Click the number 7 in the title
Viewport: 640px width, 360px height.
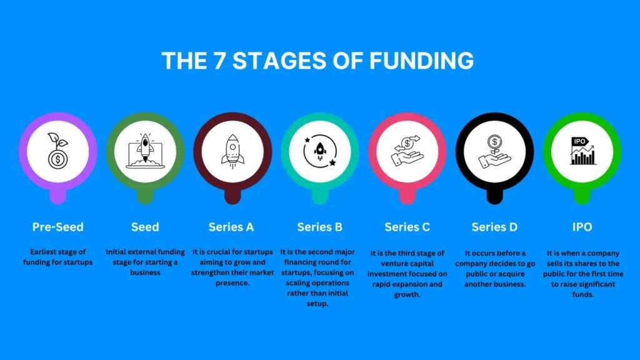[219, 61]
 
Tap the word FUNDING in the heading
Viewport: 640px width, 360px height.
[421, 61]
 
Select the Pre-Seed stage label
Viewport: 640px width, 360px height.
[58, 227]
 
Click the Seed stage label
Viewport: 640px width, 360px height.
[145, 227]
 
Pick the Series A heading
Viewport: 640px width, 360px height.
[231, 227]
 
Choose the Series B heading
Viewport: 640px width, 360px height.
[320, 227]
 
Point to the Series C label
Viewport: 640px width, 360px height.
[407, 227]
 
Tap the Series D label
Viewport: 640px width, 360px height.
[495, 227]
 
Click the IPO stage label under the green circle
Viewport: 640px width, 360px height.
[582, 227]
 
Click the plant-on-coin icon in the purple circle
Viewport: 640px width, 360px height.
[58, 151]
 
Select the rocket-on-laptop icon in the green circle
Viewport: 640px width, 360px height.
[145, 151]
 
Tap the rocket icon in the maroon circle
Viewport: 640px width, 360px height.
[232, 151]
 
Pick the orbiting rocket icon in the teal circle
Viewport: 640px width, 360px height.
[320, 151]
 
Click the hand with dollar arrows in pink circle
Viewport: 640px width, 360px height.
[407, 151]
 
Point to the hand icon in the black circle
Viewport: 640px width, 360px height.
[495, 151]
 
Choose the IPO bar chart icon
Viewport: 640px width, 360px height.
[582, 151]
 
